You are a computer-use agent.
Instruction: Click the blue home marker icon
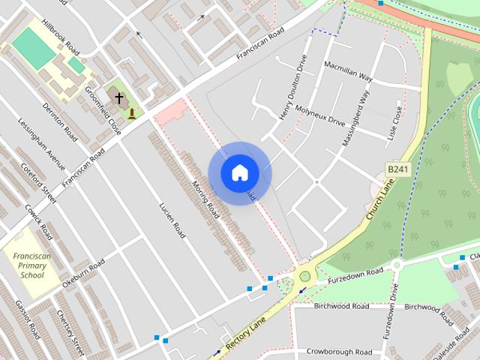click(x=239, y=172)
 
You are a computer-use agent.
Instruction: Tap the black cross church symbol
click(x=118, y=97)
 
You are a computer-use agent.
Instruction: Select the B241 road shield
click(x=397, y=170)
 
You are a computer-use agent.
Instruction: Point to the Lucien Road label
click(x=172, y=220)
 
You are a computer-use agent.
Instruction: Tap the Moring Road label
click(x=205, y=200)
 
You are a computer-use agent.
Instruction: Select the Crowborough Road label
click(x=339, y=352)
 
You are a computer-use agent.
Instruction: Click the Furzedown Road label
click(x=355, y=275)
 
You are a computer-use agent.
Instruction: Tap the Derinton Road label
click(x=60, y=123)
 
